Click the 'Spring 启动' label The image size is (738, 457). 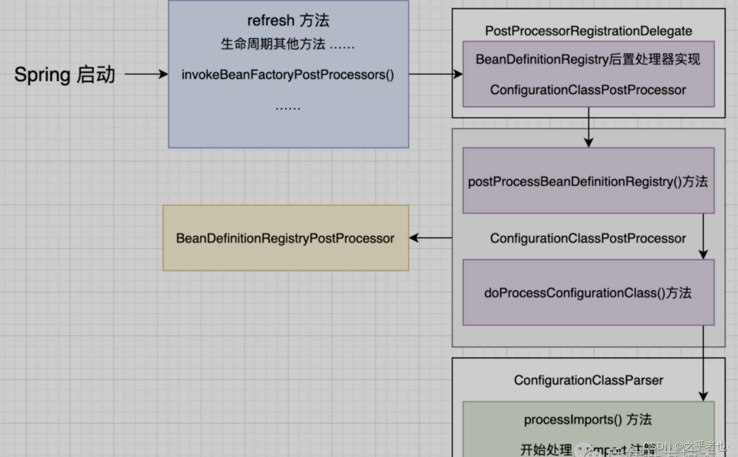[64, 74]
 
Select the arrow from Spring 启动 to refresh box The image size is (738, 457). [146, 74]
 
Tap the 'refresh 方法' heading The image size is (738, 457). [288, 21]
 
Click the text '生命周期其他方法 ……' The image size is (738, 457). [288, 44]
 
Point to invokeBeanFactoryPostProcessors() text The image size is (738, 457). [288, 74]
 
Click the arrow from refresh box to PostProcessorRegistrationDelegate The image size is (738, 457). [435, 74]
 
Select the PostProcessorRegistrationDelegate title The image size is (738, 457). [588, 31]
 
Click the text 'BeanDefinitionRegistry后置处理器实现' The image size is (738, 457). [588, 60]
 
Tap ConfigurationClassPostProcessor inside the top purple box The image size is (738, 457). [588, 90]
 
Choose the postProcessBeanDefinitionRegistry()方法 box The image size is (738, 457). [588, 181]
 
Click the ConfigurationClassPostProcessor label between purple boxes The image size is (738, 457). [588, 239]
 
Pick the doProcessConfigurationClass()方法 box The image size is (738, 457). [588, 293]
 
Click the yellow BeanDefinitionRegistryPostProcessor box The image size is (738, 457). [285, 238]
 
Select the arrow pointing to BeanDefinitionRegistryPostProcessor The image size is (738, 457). [430, 238]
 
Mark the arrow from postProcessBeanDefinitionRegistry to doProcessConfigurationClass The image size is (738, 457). [703, 236]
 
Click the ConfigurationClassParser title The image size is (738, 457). [588, 380]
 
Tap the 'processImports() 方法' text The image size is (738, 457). [588, 420]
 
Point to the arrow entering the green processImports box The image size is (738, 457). [703, 364]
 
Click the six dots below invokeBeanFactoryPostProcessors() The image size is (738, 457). [288, 107]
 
